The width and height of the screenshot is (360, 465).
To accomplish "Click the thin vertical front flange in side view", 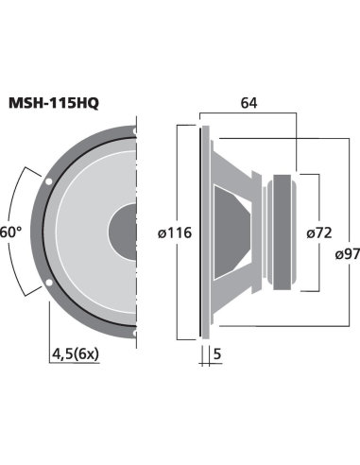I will click(x=201, y=232).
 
